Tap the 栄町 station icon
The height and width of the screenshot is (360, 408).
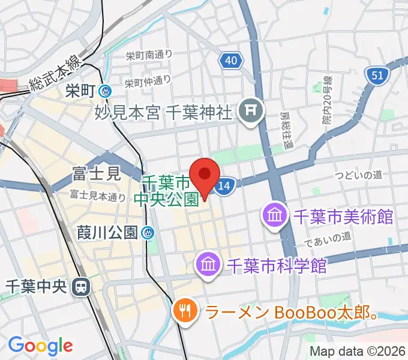(106, 91)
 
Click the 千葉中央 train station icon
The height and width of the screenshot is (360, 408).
(79, 287)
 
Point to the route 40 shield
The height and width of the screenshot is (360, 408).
(231, 60)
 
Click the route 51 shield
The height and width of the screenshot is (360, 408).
(377, 76)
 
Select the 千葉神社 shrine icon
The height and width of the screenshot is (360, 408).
(248, 111)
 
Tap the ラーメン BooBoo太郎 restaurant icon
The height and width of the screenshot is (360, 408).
(183, 310)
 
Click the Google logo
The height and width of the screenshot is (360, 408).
(40, 346)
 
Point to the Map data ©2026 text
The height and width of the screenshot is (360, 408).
(358, 352)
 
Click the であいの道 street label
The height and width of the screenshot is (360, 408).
(327, 239)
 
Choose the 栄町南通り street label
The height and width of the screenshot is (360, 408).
(149, 55)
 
